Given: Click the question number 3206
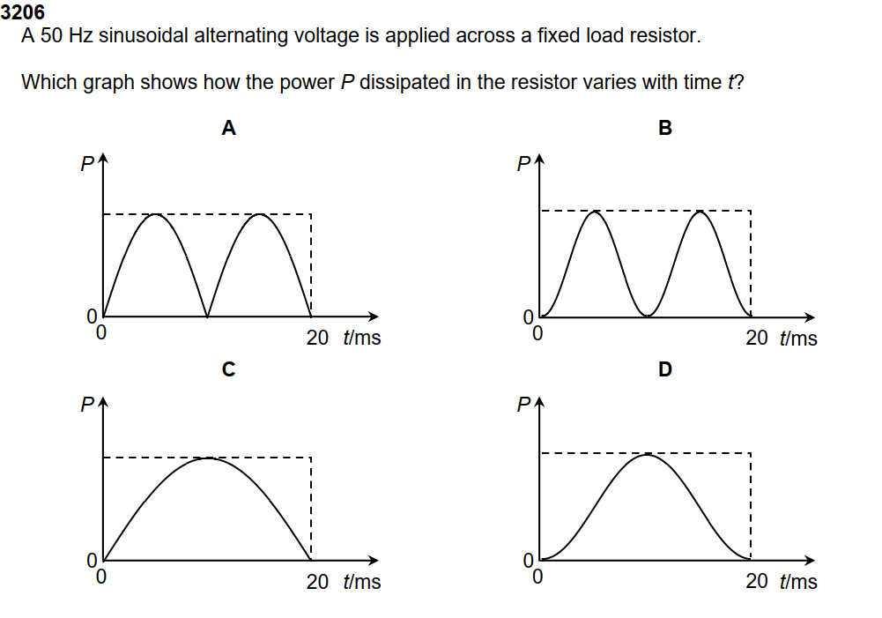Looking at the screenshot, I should tap(23, 13).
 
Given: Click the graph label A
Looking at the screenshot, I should tap(228, 129).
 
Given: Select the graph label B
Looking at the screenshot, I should tap(665, 129).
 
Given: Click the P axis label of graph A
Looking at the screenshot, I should tap(86, 165).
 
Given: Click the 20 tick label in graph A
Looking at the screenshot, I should tap(317, 337).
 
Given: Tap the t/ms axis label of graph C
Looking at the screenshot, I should tap(362, 582).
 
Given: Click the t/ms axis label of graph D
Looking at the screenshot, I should tap(798, 582).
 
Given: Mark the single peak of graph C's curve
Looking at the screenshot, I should tap(208, 458).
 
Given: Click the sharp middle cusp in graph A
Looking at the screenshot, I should tap(207, 316).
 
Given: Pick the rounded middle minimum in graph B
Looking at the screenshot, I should tap(648, 315).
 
